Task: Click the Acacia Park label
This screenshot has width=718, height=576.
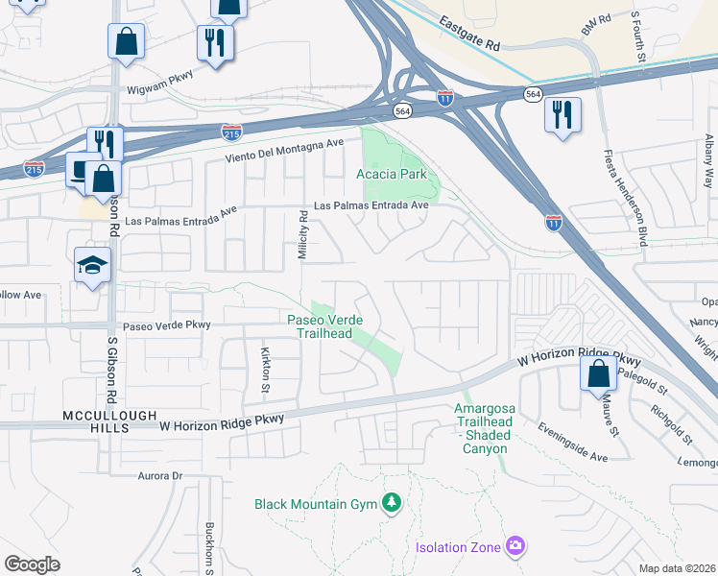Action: (391, 175)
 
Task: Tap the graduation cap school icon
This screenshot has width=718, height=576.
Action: (93, 265)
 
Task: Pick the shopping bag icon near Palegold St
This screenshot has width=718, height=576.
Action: (598, 372)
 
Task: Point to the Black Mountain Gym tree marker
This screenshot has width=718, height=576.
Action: (391, 502)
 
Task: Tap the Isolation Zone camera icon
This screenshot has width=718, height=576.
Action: (515, 546)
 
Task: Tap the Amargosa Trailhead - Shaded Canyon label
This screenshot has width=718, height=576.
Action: (485, 428)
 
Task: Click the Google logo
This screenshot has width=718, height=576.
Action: (32, 564)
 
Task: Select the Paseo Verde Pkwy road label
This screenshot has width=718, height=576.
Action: (166, 325)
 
